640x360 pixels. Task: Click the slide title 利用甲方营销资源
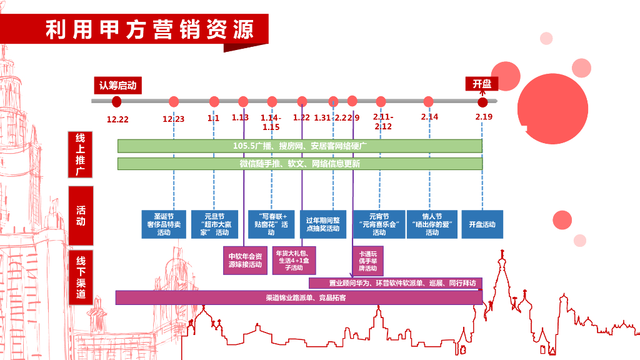pyautogui.click(x=149, y=30)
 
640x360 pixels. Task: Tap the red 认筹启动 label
pyautogui.click(x=117, y=85)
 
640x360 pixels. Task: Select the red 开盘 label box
pyautogui.click(x=482, y=84)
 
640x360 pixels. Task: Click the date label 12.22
pyautogui.click(x=117, y=119)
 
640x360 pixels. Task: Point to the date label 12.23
pyautogui.click(x=174, y=119)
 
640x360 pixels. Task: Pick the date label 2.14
pyautogui.click(x=429, y=117)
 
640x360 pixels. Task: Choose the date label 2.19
pyautogui.click(x=483, y=117)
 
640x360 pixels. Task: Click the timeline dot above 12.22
pyautogui.click(x=116, y=102)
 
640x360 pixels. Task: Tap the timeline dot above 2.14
pyautogui.click(x=428, y=101)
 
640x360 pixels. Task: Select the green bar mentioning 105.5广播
pyautogui.click(x=300, y=146)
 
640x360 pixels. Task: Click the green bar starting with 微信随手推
pyautogui.click(x=300, y=164)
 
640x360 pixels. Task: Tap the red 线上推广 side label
pyautogui.click(x=81, y=154)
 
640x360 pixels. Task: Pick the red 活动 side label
pyautogui.click(x=81, y=215)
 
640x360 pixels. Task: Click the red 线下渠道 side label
pyautogui.click(x=81, y=277)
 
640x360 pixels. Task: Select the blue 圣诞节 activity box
pyautogui.click(x=164, y=224)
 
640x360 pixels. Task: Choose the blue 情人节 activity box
pyautogui.click(x=432, y=224)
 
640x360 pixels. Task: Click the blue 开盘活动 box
pyautogui.click(x=482, y=224)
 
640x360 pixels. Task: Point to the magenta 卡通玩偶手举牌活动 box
pyautogui.click(x=368, y=260)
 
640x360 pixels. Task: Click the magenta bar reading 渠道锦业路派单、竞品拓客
pyautogui.click(x=299, y=297)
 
